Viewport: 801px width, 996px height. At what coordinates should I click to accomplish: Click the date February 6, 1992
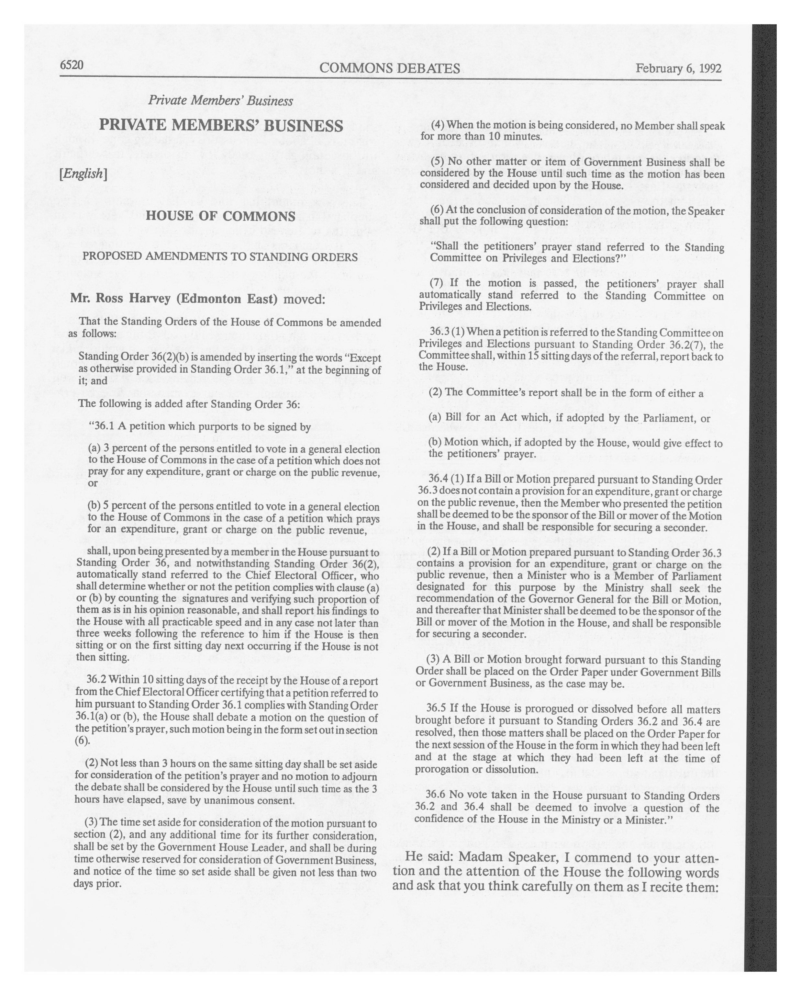(678, 68)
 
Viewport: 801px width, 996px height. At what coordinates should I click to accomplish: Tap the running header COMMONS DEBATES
(389, 68)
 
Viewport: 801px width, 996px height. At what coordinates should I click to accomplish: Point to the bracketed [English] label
(83, 174)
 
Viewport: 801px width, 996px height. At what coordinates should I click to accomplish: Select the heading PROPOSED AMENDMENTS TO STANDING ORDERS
(220, 257)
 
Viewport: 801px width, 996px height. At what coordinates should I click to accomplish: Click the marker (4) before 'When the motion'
(438, 125)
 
